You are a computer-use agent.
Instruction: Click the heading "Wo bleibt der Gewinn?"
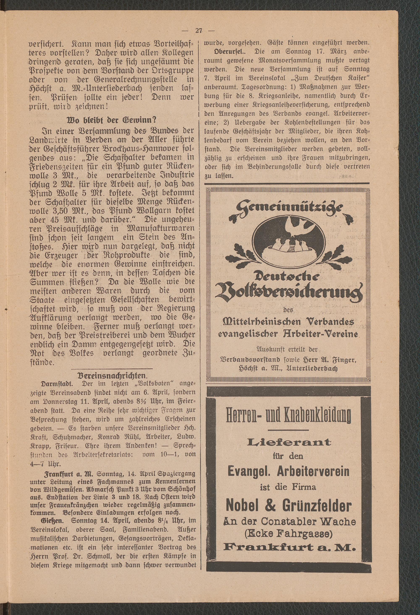coord(112,120)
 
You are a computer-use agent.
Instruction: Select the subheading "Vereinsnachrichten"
coord(112,376)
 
